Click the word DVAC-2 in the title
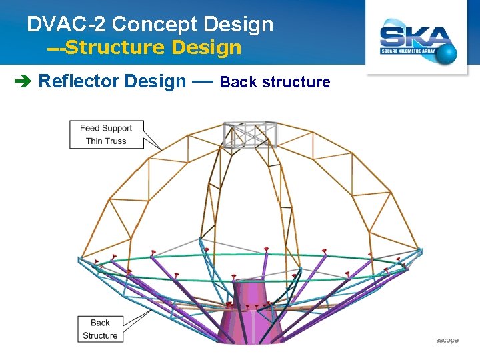pos(67,25)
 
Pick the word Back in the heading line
pos(238,82)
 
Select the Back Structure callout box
pos(100,329)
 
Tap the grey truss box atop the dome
pos(249,134)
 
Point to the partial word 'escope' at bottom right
pos(447,340)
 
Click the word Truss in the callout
pos(115,141)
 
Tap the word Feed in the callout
pos(90,128)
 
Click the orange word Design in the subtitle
pos(207,47)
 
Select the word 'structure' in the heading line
pos(296,82)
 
